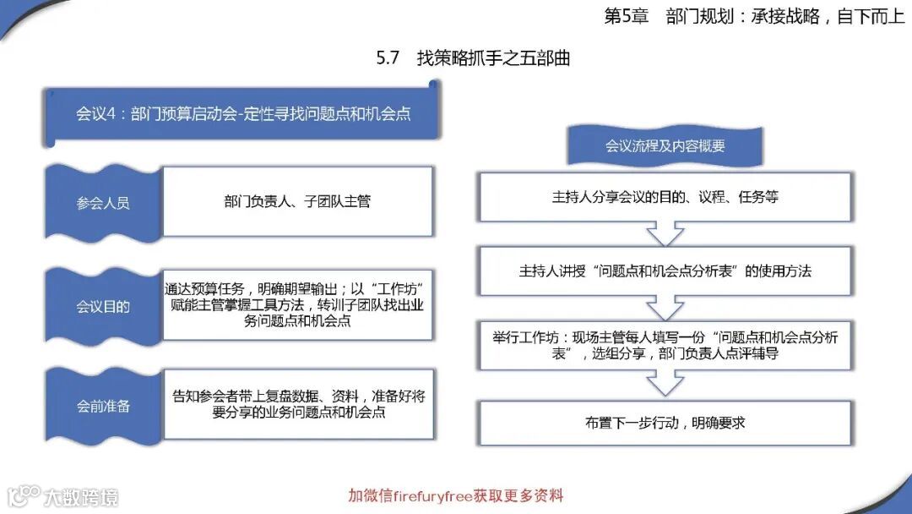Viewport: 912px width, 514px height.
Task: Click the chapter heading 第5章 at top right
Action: [x=625, y=17]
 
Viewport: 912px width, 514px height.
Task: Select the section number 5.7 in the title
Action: [x=388, y=58]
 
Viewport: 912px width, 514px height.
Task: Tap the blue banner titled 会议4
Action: [x=243, y=113]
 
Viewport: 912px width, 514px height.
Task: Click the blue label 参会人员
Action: [x=102, y=203]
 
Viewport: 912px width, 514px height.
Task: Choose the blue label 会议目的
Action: [x=102, y=306]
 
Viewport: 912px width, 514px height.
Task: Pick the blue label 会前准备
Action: [x=102, y=406]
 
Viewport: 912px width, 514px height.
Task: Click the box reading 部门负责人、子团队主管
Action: [x=297, y=201]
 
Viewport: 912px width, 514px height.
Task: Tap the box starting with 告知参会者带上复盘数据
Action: [x=298, y=404]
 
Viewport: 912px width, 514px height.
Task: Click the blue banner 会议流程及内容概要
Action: [x=665, y=145]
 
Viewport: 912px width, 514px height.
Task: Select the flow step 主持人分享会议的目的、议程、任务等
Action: [x=665, y=197]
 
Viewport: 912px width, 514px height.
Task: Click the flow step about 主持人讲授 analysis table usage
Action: [x=665, y=271]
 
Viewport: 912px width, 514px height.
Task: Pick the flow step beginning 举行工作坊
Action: [x=665, y=346]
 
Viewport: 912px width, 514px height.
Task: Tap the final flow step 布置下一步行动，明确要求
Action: [x=665, y=422]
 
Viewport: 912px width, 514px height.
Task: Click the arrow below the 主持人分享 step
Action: [x=665, y=233]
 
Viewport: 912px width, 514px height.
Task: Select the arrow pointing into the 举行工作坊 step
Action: [x=665, y=308]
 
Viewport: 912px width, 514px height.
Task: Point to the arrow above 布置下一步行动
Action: [x=665, y=384]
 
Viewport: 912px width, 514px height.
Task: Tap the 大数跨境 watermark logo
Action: [x=63, y=496]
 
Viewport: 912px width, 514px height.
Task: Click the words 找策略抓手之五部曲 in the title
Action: [x=493, y=58]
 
